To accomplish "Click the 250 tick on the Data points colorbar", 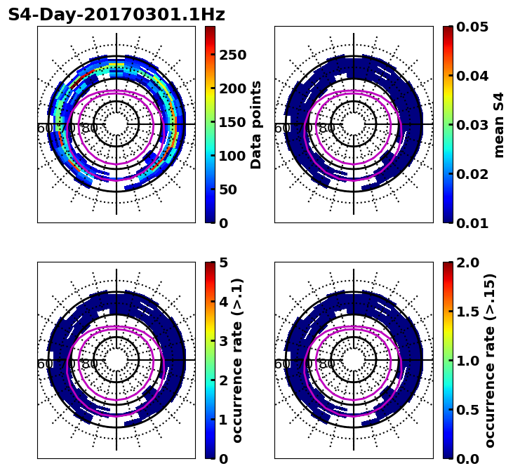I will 232,55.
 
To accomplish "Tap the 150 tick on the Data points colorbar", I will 232,122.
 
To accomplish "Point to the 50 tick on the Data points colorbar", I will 229,189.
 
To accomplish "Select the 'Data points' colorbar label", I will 256,124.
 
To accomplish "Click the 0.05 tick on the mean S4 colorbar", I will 472,27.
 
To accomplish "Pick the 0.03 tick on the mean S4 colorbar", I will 472,125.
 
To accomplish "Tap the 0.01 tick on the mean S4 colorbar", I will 472,223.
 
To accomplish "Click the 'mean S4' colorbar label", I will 499,124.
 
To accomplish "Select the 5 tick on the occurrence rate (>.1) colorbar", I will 224,262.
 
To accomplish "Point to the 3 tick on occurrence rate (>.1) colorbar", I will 224,341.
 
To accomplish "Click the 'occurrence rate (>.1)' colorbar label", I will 237,360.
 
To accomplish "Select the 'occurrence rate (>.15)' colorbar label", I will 490,360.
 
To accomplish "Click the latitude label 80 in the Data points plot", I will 90,128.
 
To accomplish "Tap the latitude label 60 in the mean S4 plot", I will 281,128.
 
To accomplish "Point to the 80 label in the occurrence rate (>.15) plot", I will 327,364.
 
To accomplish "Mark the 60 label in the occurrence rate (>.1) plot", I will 44,364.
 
